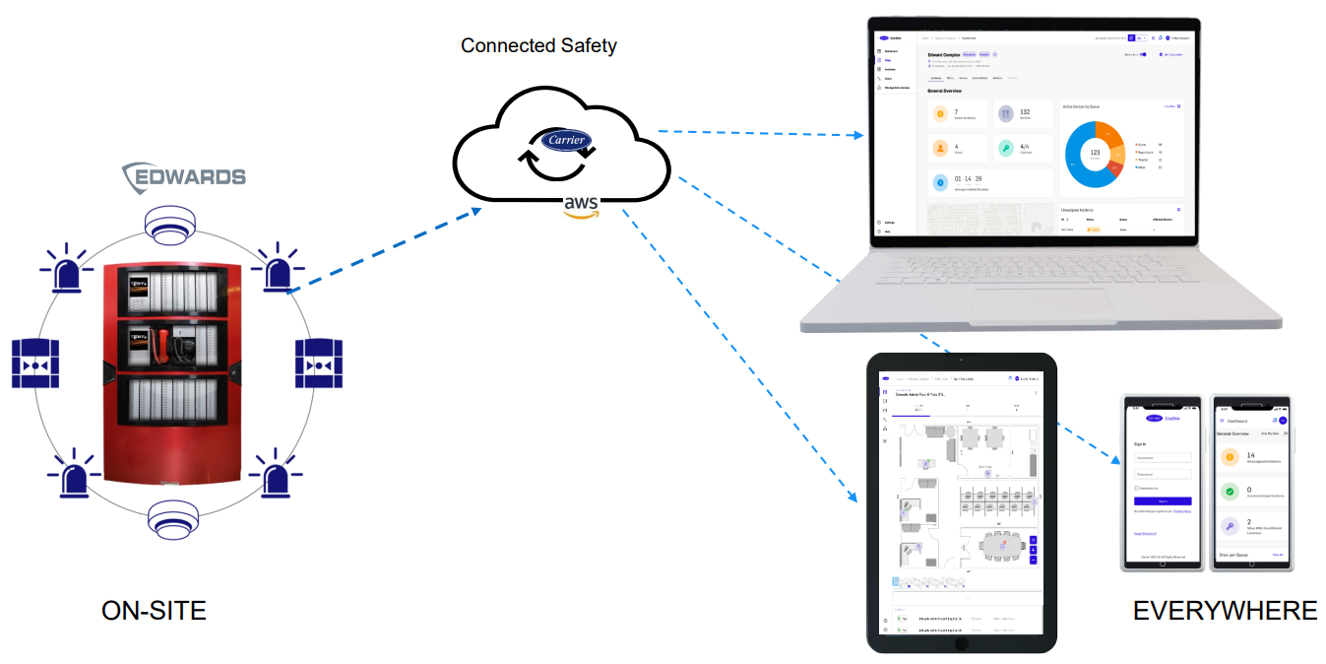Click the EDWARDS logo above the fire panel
[x=184, y=177]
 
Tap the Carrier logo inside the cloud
[x=569, y=140]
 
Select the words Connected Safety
[x=538, y=45]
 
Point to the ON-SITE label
[x=154, y=611]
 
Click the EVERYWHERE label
[x=1225, y=611]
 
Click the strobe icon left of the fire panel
[x=36, y=364]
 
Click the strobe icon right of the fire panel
[x=319, y=364]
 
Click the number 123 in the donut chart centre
[x=1094, y=153]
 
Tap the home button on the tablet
[x=960, y=642]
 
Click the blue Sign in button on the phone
[x=1163, y=501]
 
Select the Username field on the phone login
[x=1163, y=457]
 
